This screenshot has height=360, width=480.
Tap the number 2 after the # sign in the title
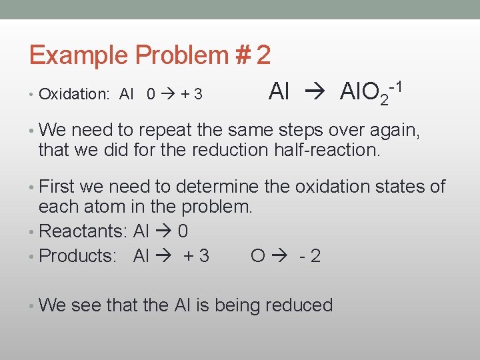click(263, 55)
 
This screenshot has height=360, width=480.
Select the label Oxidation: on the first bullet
click(74, 95)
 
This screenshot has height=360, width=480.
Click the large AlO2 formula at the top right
click(363, 91)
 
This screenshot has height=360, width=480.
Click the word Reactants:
click(84, 231)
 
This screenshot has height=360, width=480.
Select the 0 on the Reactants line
click(183, 231)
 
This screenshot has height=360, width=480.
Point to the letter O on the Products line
click(259, 256)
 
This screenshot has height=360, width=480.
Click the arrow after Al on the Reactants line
click(163, 231)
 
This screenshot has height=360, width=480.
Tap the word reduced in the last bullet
click(298, 305)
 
